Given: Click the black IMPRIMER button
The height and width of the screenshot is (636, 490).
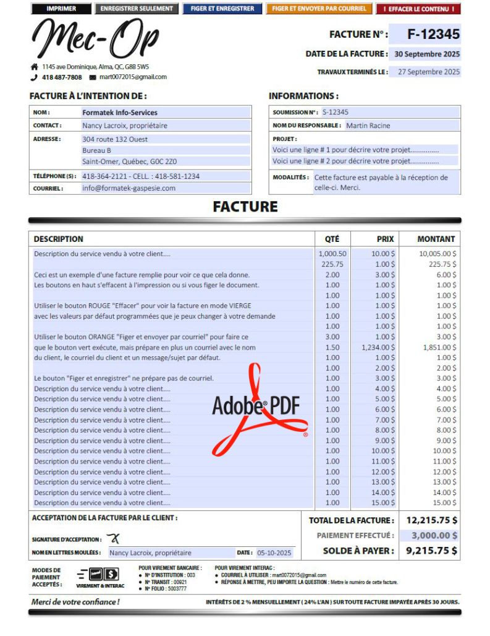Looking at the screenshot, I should [61, 9].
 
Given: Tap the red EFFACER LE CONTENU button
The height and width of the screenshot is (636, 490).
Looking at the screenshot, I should [418, 9].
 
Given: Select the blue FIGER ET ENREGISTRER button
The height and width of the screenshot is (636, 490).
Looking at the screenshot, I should [222, 9].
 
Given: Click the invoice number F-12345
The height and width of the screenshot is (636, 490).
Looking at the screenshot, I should [433, 34].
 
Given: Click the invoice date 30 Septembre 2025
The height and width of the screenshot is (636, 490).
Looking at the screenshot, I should [427, 54].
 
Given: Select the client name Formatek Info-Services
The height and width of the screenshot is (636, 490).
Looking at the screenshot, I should [120, 113].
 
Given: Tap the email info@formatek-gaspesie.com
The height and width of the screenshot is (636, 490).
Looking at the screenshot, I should [129, 188].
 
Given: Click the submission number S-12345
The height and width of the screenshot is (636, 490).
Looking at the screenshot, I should [336, 112].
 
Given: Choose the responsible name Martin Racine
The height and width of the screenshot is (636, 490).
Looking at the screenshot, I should [368, 126].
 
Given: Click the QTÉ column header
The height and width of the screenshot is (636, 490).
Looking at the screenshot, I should [332, 239].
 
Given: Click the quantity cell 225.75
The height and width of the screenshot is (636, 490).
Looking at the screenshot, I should [332, 264].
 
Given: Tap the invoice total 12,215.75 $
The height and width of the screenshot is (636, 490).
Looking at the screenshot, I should [431, 520].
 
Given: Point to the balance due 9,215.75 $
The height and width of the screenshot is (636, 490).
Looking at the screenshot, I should [431, 550].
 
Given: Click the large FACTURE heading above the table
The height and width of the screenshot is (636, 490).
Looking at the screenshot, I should [245, 207].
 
